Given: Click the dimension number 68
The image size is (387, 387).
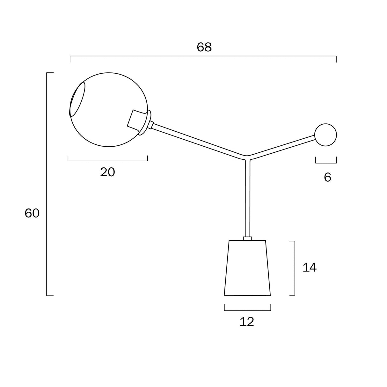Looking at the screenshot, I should click(x=204, y=47).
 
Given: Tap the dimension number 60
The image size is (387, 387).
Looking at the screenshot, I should click(x=32, y=213).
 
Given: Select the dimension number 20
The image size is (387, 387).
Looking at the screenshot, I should click(x=107, y=172).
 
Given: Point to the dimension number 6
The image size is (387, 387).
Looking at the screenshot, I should click(x=327, y=177).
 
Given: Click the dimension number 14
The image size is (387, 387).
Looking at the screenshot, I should click(x=309, y=267).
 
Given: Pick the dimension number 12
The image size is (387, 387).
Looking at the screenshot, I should click(x=247, y=322).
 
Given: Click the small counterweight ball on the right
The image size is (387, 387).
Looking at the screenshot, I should click(x=325, y=135).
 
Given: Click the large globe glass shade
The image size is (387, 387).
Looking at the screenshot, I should click(x=108, y=96).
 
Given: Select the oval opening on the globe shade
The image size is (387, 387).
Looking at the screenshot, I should click(x=77, y=99).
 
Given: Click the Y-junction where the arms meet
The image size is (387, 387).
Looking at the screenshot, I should click(x=247, y=156).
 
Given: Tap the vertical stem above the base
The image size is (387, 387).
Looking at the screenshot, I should click(x=247, y=198).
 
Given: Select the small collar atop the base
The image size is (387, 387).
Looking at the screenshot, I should click(x=247, y=238).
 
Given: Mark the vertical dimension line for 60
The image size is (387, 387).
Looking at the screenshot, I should click(x=47, y=185).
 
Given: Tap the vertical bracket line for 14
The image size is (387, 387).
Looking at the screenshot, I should click(x=294, y=268).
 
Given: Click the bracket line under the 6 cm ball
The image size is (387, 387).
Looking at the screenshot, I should click(x=326, y=163).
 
